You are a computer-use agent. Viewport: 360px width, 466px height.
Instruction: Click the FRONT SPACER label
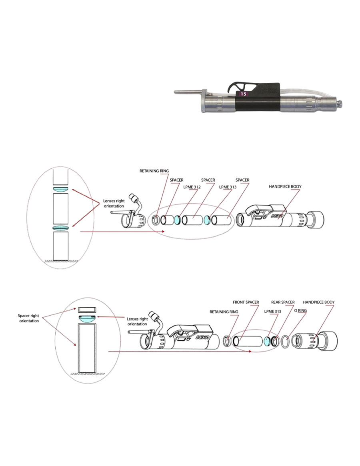point(246,302)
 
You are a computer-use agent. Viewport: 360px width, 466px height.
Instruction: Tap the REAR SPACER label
point(282,302)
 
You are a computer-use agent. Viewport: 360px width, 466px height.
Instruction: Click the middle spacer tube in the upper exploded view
point(194,220)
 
